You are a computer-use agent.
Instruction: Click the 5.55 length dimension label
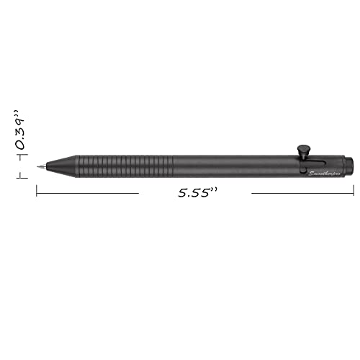pyautogui.click(x=194, y=193)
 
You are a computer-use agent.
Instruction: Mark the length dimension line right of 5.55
pyautogui.click(x=302, y=193)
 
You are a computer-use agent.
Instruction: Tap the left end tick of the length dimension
pyautogui.click(x=37, y=191)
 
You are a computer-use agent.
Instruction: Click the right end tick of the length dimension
pyautogui.click(x=354, y=191)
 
